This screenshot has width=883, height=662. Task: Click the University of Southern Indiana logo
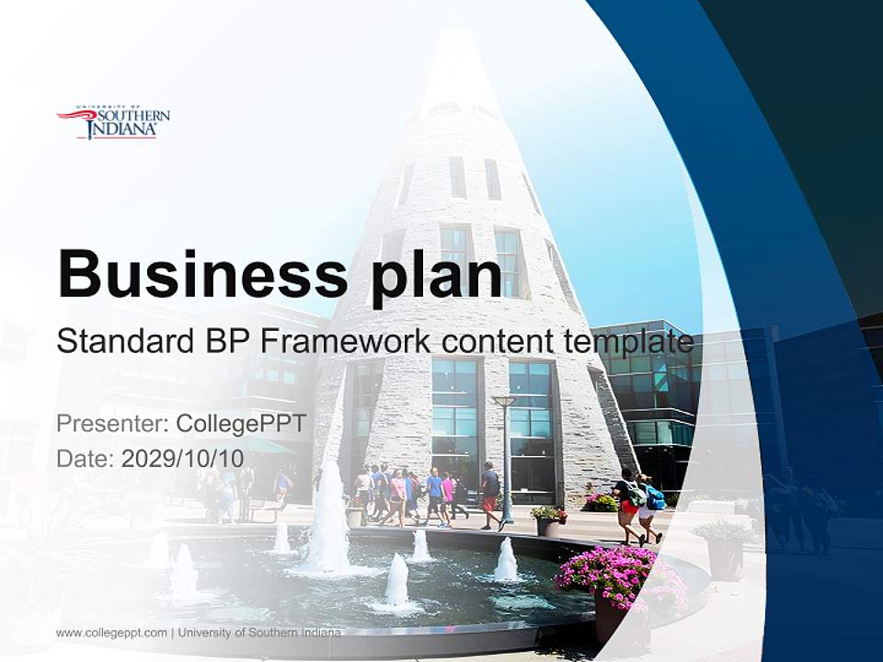pyautogui.click(x=113, y=123)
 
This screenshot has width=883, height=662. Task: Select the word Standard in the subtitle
pyautogui.click(x=120, y=341)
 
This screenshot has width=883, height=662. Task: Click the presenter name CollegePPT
pyautogui.click(x=240, y=424)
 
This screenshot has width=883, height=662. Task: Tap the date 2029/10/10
pyautogui.click(x=182, y=458)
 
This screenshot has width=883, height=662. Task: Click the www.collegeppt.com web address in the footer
pyautogui.click(x=111, y=633)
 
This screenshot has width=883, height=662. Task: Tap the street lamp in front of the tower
pyautogui.click(x=504, y=460)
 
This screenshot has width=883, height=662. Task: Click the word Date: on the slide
pyautogui.click(x=86, y=458)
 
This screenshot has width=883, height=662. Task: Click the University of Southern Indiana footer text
pyautogui.click(x=259, y=633)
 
